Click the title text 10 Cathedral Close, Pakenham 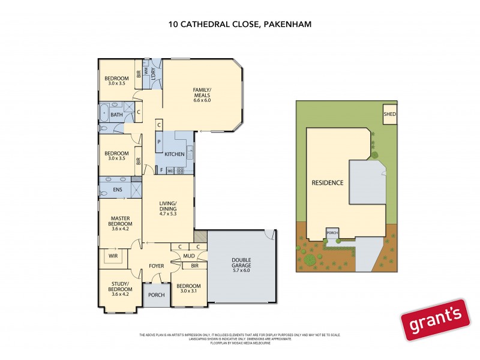click(240, 25)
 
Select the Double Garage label click(241, 264)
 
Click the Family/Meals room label click(202, 95)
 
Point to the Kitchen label click(174, 155)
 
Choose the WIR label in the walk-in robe click(112, 255)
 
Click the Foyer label click(157, 265)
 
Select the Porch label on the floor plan click(157, 295)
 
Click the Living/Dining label click(167, 208)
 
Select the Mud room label click(188, 256)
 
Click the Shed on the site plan click(389, 114)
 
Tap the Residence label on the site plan click(327, 182)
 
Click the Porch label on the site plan click(332, 232)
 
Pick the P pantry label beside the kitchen click(159, 142)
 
